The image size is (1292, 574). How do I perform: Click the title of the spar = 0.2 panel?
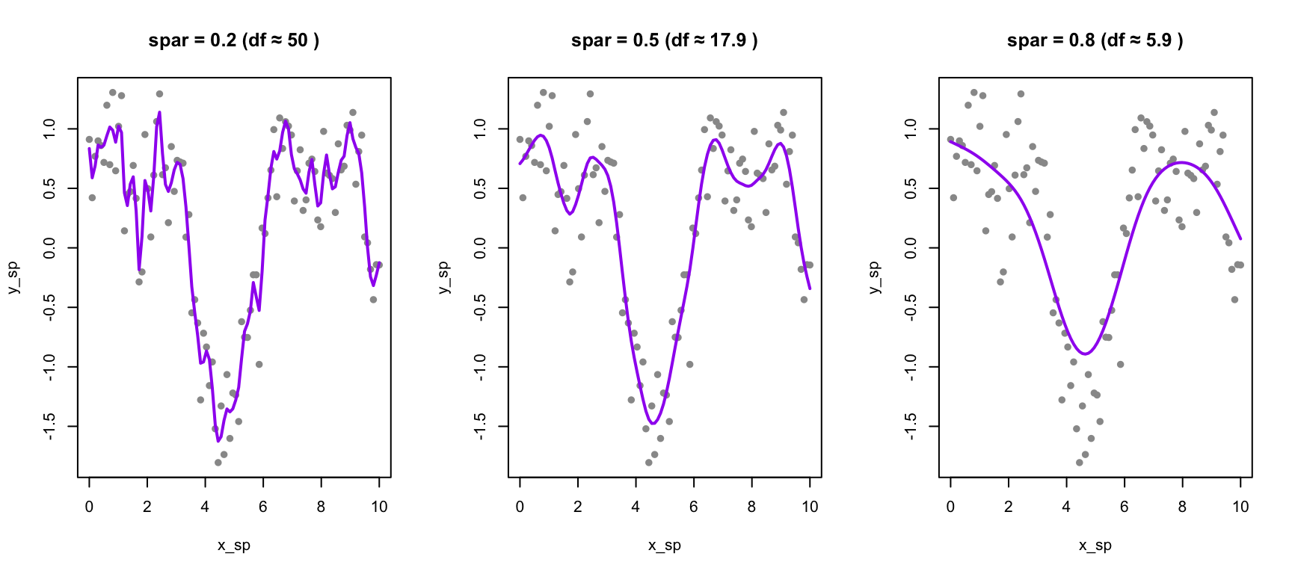point(233,40)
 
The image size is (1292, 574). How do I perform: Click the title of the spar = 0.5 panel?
point(664,40)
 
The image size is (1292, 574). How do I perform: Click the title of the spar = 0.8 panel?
point(1095,40)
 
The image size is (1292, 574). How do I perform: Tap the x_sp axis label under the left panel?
point(233,546)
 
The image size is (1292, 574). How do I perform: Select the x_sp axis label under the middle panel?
point(664,546)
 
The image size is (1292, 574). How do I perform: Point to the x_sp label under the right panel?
point(1095,546)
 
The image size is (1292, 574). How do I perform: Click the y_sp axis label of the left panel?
point(13,277)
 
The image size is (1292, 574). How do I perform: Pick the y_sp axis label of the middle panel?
point(444,277)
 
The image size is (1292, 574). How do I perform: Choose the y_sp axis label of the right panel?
point(875,277)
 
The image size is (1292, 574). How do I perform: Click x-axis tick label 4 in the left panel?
point(205,507)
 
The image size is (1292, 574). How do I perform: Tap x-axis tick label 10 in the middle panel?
point(810,507)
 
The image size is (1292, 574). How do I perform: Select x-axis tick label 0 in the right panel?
point(950,507)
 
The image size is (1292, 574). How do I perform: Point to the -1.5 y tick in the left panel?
point(49,426)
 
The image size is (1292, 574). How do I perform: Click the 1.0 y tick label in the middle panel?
point(480,129)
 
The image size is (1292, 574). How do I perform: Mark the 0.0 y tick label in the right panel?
point(911,247)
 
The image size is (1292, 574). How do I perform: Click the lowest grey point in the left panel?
point(218,463)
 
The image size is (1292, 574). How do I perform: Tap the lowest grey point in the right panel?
point(1080,463)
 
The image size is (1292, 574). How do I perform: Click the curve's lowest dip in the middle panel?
point(653,424)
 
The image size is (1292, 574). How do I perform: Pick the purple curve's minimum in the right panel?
point(1086,354)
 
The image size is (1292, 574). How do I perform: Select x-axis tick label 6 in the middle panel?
point(694,507)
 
